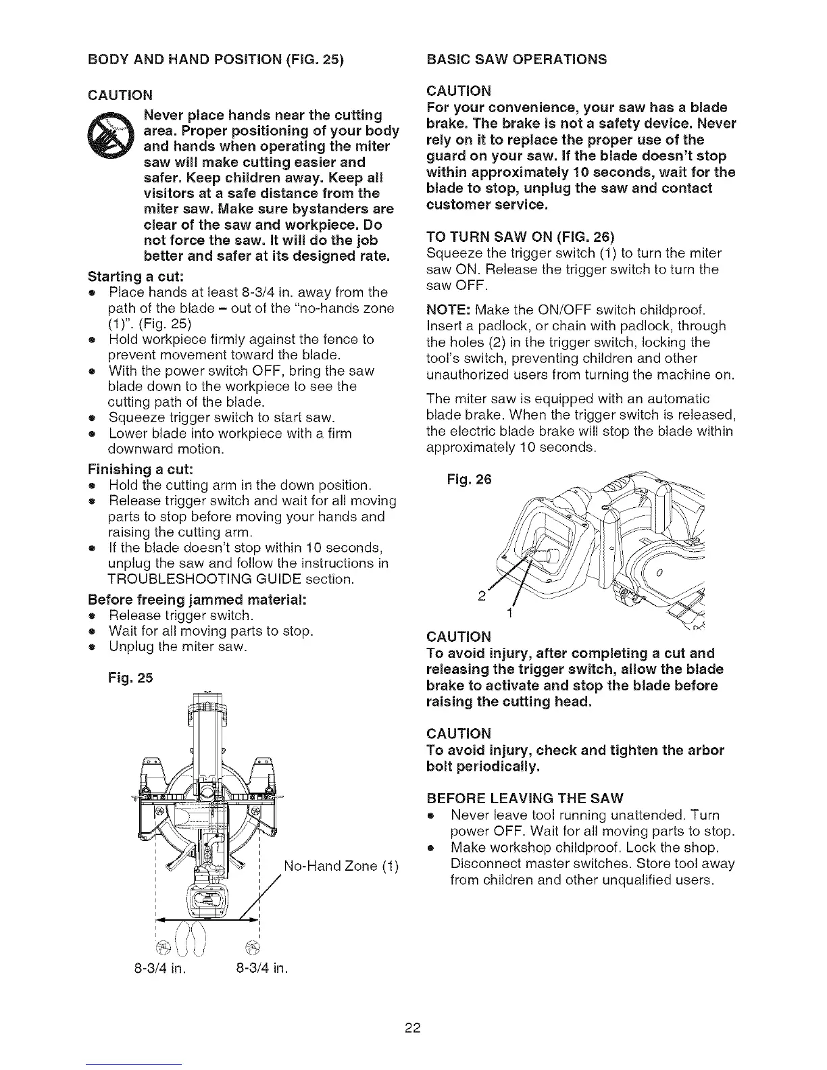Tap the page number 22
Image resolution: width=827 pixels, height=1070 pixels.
(x=413, y=1029)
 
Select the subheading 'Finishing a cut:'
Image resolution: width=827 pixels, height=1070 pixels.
(x=141, y=469)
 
